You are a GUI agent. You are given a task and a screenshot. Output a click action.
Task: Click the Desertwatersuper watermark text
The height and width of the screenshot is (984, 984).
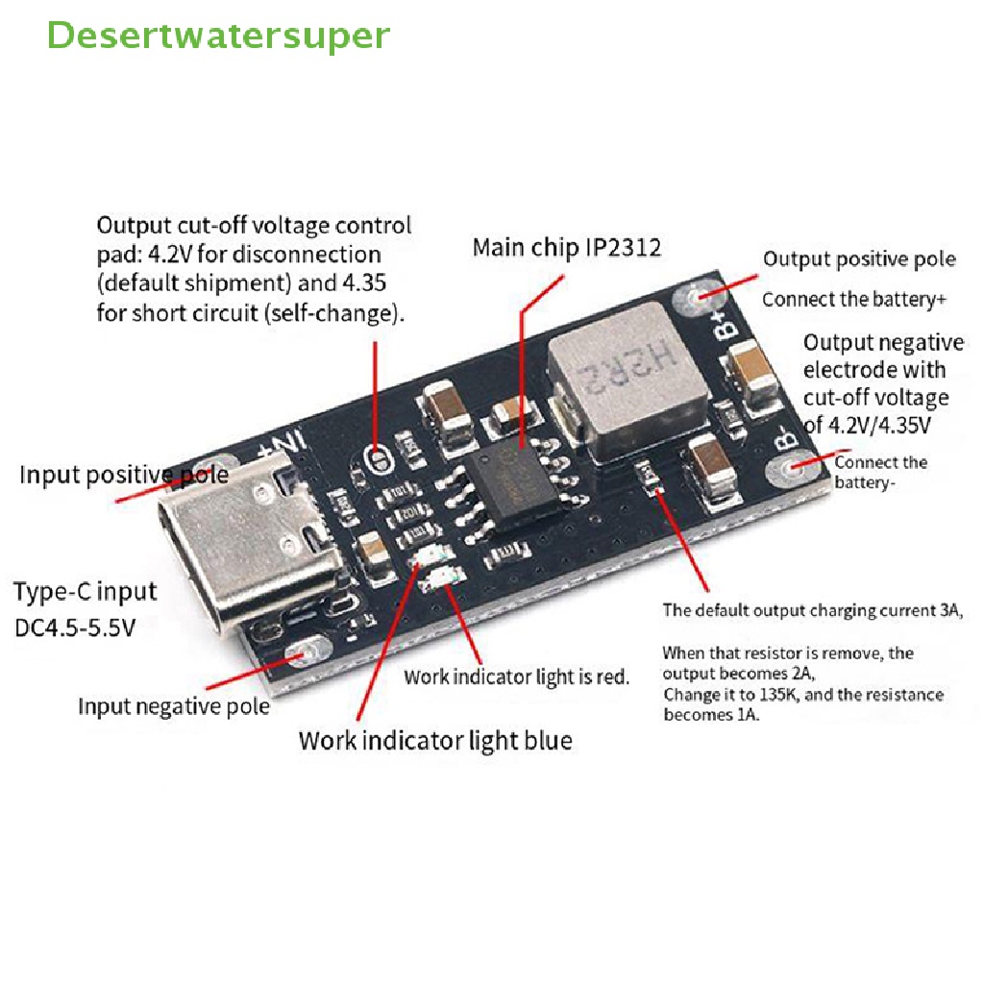(x=218, y=36)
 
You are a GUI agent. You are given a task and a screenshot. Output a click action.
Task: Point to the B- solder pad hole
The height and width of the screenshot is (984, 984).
(x=796, y=468)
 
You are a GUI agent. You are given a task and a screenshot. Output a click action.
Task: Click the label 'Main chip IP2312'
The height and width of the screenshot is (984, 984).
(x=567, y=248)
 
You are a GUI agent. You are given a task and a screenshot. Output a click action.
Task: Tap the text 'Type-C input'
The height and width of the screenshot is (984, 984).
(x=85, y=591)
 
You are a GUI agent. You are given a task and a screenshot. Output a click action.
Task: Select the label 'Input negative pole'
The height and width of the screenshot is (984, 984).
(x=174, y=706)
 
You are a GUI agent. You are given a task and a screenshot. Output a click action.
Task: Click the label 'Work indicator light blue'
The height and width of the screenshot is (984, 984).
(x=435, y=740)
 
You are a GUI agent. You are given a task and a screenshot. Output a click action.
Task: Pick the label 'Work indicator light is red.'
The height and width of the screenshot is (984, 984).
(x=516, y=676)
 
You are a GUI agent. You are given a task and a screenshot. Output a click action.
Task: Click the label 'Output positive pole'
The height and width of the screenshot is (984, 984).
(x=859, y=259)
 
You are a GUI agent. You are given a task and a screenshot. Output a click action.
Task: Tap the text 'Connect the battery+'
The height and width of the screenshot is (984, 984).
(x=853, y=299)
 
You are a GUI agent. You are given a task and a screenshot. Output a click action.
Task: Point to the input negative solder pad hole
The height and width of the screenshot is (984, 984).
(x=310, y=652)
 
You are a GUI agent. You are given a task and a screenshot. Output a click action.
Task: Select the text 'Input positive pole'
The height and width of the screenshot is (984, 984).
(x=124, y=475)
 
